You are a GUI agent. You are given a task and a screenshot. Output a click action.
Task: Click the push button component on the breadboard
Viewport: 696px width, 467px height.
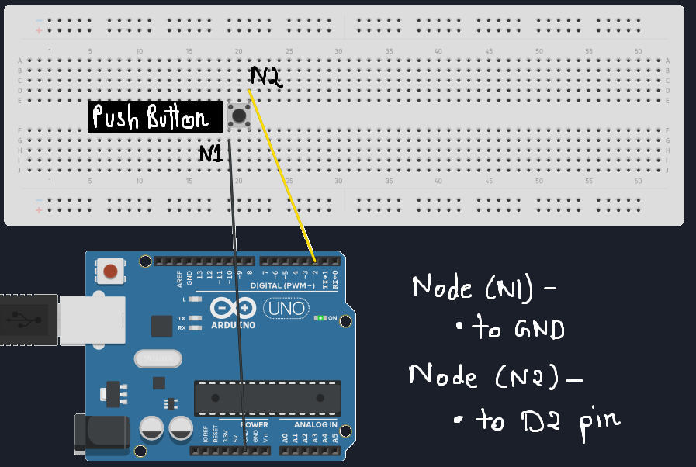[x=239, y=116]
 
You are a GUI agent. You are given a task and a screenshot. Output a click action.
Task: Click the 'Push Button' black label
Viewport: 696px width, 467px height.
[x=150, y=118]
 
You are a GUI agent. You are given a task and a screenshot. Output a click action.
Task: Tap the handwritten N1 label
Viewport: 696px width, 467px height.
[x=211, y=154]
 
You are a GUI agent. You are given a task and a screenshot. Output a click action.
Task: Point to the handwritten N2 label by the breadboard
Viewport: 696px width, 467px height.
[x=266, y=76]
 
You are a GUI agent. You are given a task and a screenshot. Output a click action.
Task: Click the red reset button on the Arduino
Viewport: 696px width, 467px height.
[x=111, y=272]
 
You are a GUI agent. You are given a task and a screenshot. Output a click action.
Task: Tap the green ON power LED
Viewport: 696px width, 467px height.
[x=318, y=318]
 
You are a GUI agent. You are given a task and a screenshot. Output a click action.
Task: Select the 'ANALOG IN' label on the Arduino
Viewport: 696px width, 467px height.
[x=315, y=425]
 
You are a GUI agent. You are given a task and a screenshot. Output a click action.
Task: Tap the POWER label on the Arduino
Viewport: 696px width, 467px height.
[x=254, y=425]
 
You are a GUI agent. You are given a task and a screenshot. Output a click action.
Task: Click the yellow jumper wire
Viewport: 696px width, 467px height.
[x=283, y=178]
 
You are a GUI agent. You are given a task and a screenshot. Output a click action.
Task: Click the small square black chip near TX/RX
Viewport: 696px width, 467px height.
[x=162, y=326]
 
